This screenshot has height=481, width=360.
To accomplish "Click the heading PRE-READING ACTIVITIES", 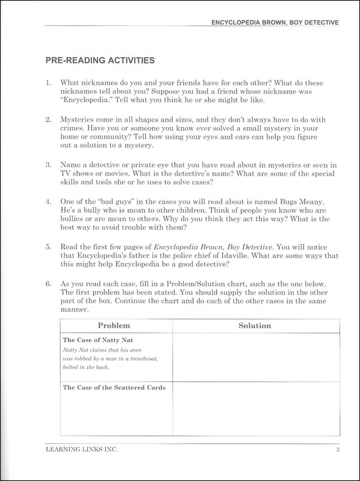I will point(100,60).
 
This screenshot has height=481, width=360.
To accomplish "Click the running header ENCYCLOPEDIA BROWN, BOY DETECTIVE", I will point(271,22).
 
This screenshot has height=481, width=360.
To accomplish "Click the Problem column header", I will point(114,325).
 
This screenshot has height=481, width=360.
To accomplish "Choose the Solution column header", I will point(255,325).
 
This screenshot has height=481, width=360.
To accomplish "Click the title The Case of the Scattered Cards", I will point(114,387).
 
